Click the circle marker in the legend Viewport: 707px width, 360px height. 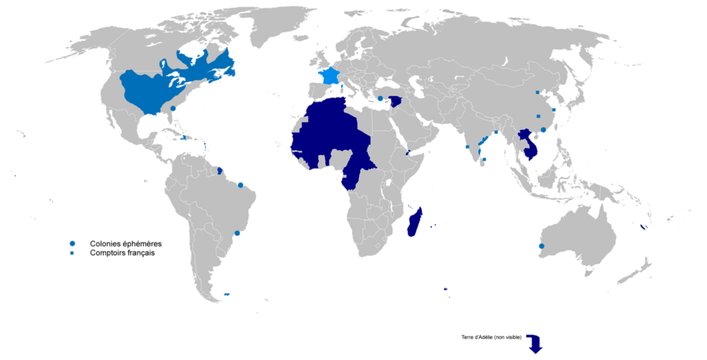pyautogui.click(x=72, y=243)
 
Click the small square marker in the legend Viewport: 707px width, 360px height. pyautogui.click(x=72, y=252)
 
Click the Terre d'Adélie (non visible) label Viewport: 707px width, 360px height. pyautogui.click(x=488, y=337)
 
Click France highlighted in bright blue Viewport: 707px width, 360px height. pyautogui.click(x=329, y=76)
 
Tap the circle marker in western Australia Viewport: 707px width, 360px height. pyautogui.click(x=542, y=246)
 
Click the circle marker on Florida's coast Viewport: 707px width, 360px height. pyautogui.click(x=173, y=108)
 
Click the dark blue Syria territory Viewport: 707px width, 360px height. pyautogui.click(x=397, y=101)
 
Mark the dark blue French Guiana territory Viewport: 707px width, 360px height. pyautogui.click(x=220, y=170)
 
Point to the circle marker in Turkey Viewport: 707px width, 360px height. pyautogui.click(x=380, y=98)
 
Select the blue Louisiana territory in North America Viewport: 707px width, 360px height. pyautogui.click(x=152, y=88)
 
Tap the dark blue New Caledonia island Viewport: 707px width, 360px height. pyautogui.click(x=642, y=227)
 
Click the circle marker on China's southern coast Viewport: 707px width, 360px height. pyautogui.click(x=543, y=129)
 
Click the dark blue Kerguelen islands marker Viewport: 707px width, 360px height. pyautogui.click(x=445, y=289)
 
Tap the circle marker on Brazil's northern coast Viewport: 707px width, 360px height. pyautogui.click(x=240, y=185)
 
